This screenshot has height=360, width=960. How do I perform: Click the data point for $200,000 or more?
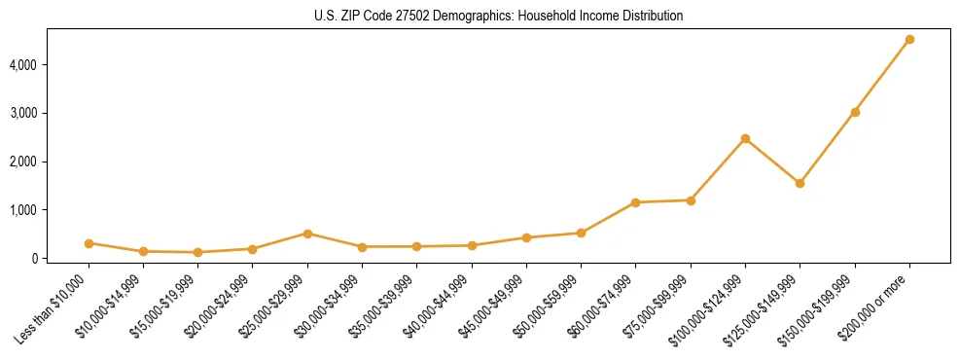909,40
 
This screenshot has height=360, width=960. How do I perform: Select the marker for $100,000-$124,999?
745,139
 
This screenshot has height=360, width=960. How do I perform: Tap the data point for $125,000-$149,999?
800,183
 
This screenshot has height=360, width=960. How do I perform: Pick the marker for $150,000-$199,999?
855,112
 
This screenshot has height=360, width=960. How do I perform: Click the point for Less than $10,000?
89,243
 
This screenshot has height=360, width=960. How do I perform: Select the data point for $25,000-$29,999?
307,234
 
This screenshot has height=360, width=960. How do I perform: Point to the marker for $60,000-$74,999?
635,202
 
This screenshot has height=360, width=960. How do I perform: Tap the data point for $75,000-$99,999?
691,200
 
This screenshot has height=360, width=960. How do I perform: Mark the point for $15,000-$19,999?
197,252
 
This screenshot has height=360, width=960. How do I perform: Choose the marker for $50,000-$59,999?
581,233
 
